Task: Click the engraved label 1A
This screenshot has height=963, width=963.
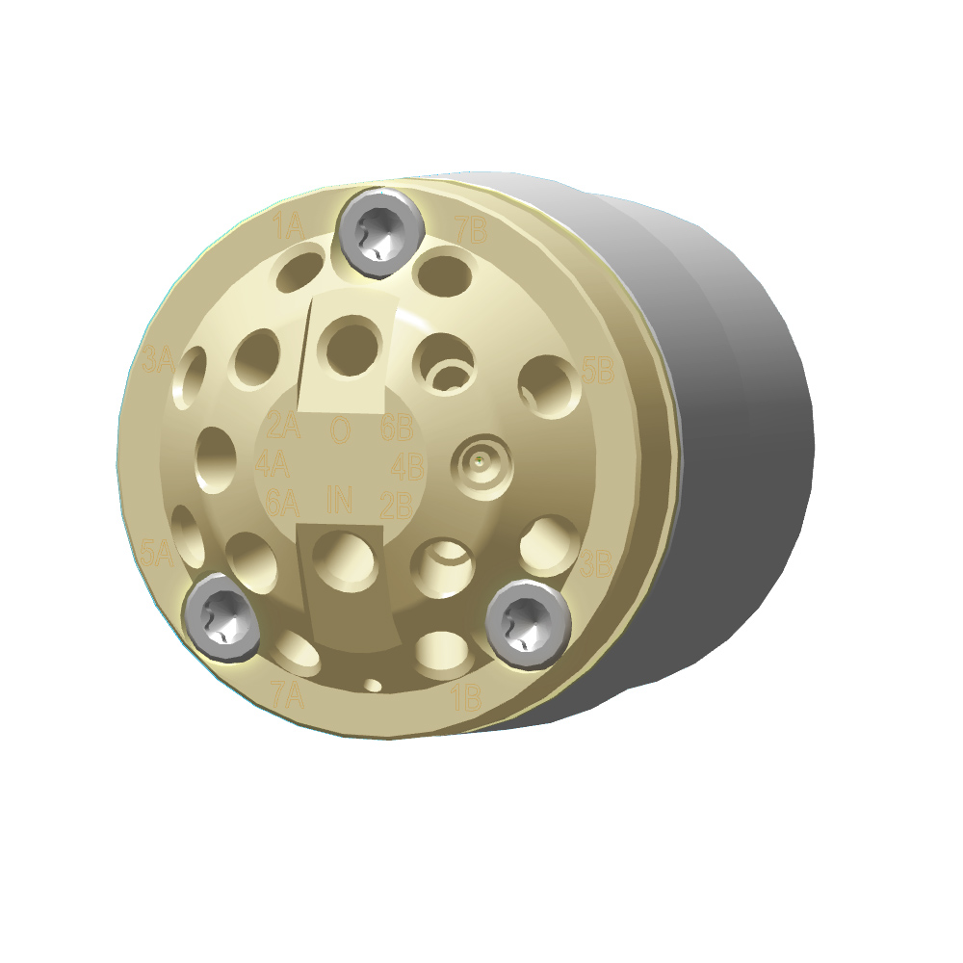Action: click(288, 228)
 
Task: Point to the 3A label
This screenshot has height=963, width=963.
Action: click(157, 361)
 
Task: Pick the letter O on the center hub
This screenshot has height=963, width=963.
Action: click(340, 429)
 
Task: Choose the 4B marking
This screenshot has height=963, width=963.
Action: click(407, 468)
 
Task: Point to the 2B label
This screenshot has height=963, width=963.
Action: click(397, 503)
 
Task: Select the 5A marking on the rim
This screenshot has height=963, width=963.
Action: click(156, 554)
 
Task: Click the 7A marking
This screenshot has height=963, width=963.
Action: click(286, 695)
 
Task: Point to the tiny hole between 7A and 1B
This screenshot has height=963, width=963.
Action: click(374, 685)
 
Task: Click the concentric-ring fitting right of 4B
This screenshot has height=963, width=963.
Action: click(481, 465)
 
